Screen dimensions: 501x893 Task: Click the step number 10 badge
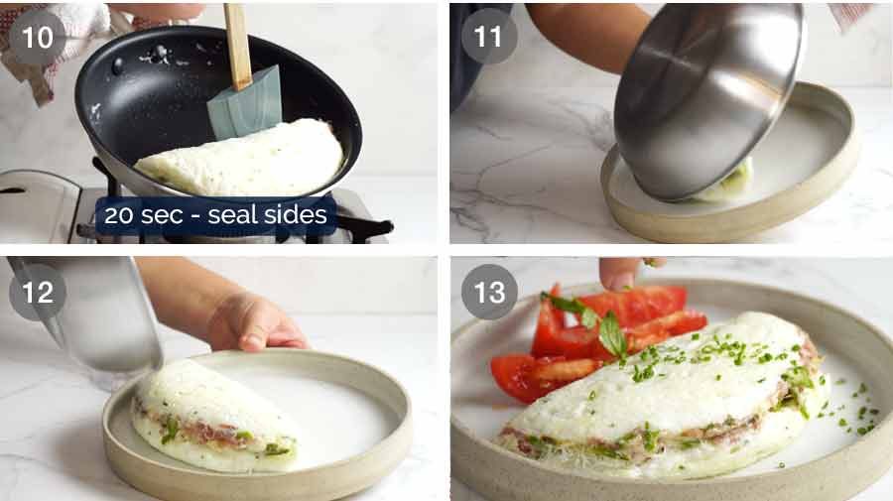pyautogui.click(x=37, y=38)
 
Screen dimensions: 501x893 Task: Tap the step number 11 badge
pyautogui.click(x=488, y=37)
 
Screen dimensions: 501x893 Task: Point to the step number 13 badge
pyautogui.click(x=488, y=292)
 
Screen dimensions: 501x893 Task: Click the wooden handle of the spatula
pyautogui.click(x=237, y=45)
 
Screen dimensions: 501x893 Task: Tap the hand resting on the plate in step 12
pyautogui.click(x=253, y=322)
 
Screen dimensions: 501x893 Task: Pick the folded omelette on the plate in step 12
pyautogui.click(x=213, y=417)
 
